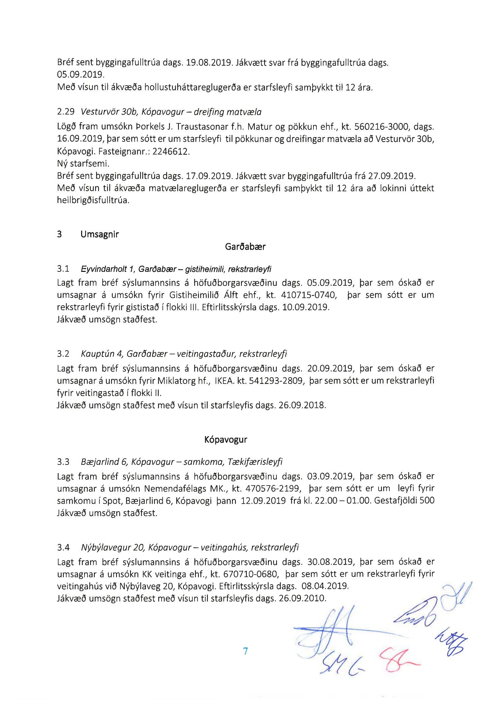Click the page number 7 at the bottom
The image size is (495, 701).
245,651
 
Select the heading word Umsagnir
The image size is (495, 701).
99,235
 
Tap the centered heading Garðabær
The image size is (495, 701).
245,247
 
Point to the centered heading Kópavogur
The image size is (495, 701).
226,440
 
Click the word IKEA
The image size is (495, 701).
224,381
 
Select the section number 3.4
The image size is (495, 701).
63,547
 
